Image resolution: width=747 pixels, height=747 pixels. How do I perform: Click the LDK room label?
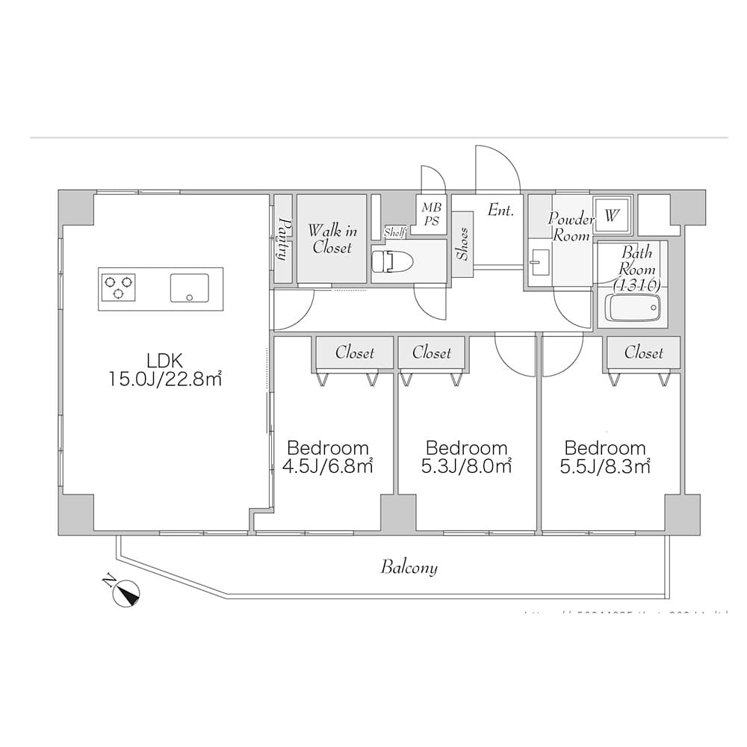165,358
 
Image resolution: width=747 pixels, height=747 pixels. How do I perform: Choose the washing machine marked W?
612,216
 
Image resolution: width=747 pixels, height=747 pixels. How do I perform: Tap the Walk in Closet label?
331,238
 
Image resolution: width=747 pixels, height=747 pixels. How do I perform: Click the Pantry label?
283,238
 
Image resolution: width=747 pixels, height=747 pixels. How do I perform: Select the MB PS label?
431,214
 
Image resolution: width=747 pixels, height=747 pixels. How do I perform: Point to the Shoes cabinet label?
462,244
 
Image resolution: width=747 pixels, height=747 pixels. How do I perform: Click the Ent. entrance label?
500,211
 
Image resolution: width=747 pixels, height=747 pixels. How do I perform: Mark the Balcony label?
409,568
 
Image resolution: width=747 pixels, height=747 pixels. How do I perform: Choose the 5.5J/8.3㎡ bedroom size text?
606,467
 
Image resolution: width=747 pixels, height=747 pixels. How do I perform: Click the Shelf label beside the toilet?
394,232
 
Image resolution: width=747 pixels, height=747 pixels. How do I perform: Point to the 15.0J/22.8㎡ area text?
165,379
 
